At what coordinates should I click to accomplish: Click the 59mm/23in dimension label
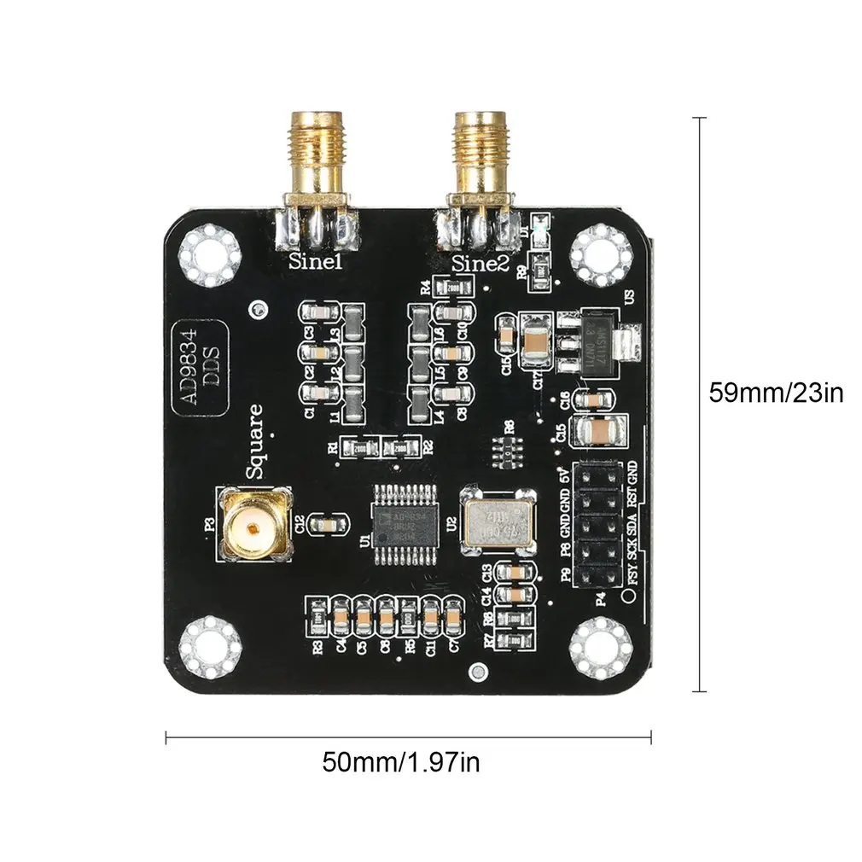(776, 393)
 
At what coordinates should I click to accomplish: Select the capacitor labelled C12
(327, 524)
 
